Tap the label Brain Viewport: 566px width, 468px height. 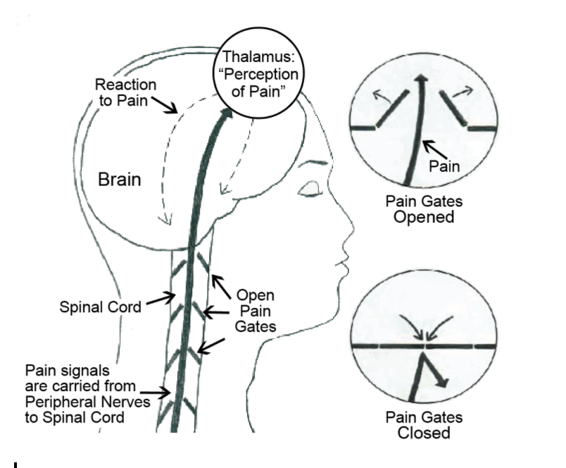119,179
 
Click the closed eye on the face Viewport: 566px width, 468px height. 310,190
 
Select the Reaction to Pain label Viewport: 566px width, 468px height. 126,92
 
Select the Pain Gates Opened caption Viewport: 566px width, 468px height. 423,209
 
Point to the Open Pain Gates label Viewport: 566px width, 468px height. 255,309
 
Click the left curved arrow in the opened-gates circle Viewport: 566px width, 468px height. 382,97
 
